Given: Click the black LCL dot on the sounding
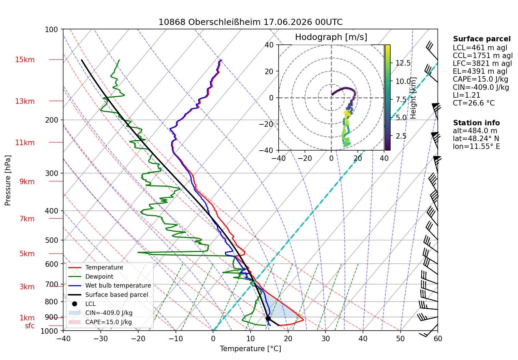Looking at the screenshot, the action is pyautogui.click(x=268, y=319).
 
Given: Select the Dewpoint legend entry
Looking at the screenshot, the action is pyautogui.click(x=91, y=276).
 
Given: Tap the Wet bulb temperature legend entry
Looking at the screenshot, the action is pyautogui.click(x=110, y=286).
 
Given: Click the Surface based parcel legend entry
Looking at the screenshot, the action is pyautogui.click(x=108, y=295).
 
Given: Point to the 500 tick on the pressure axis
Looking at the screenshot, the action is pyautogui.click(x=52, y=240).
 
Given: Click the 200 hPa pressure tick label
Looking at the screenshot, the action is pyautogui.click(x=52, y=120).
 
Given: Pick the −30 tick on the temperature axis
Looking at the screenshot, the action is pyautogui.click(x=101, y=339).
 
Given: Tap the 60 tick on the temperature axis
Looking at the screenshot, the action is pyautogui.click(x=438, y=339).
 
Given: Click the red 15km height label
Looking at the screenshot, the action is pyautogui.click(x=25, y=60).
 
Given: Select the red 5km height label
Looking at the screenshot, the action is pyautogui.click(x=27, y=253).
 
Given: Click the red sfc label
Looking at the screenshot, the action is pyautogui.click(x=30, y=326).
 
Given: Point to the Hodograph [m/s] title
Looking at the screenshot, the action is pyautogui.click(x=331, y=37).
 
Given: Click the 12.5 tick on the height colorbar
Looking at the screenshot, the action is pyautogui.click(x=403, y=63).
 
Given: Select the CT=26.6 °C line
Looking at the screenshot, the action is pyautogui.click(x=474, y=103).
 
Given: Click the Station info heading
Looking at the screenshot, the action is pyautogui.click(x=476, y=123).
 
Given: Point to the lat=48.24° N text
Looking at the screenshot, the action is pyautogui.click(x=476, y=139).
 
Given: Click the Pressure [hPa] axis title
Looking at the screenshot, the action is pyautogui.click(x=8, y=180).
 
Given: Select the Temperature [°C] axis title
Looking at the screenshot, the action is pyautogui.click(x=250, y=349).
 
